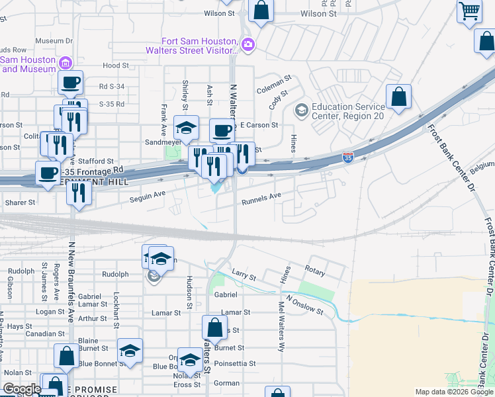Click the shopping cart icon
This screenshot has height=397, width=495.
tap(469, 11)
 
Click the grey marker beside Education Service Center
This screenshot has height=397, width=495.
tap(302, 109)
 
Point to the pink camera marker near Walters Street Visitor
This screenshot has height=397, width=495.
tap(248, 45)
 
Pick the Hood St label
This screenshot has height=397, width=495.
tap(115, 66)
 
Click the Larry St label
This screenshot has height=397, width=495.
tap(244, 273)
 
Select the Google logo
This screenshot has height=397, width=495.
tap(22, 389)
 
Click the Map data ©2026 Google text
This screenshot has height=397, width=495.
tap(454, 392)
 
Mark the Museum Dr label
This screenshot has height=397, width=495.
tap(54, 41)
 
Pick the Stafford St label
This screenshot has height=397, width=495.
tap(97, 161)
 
